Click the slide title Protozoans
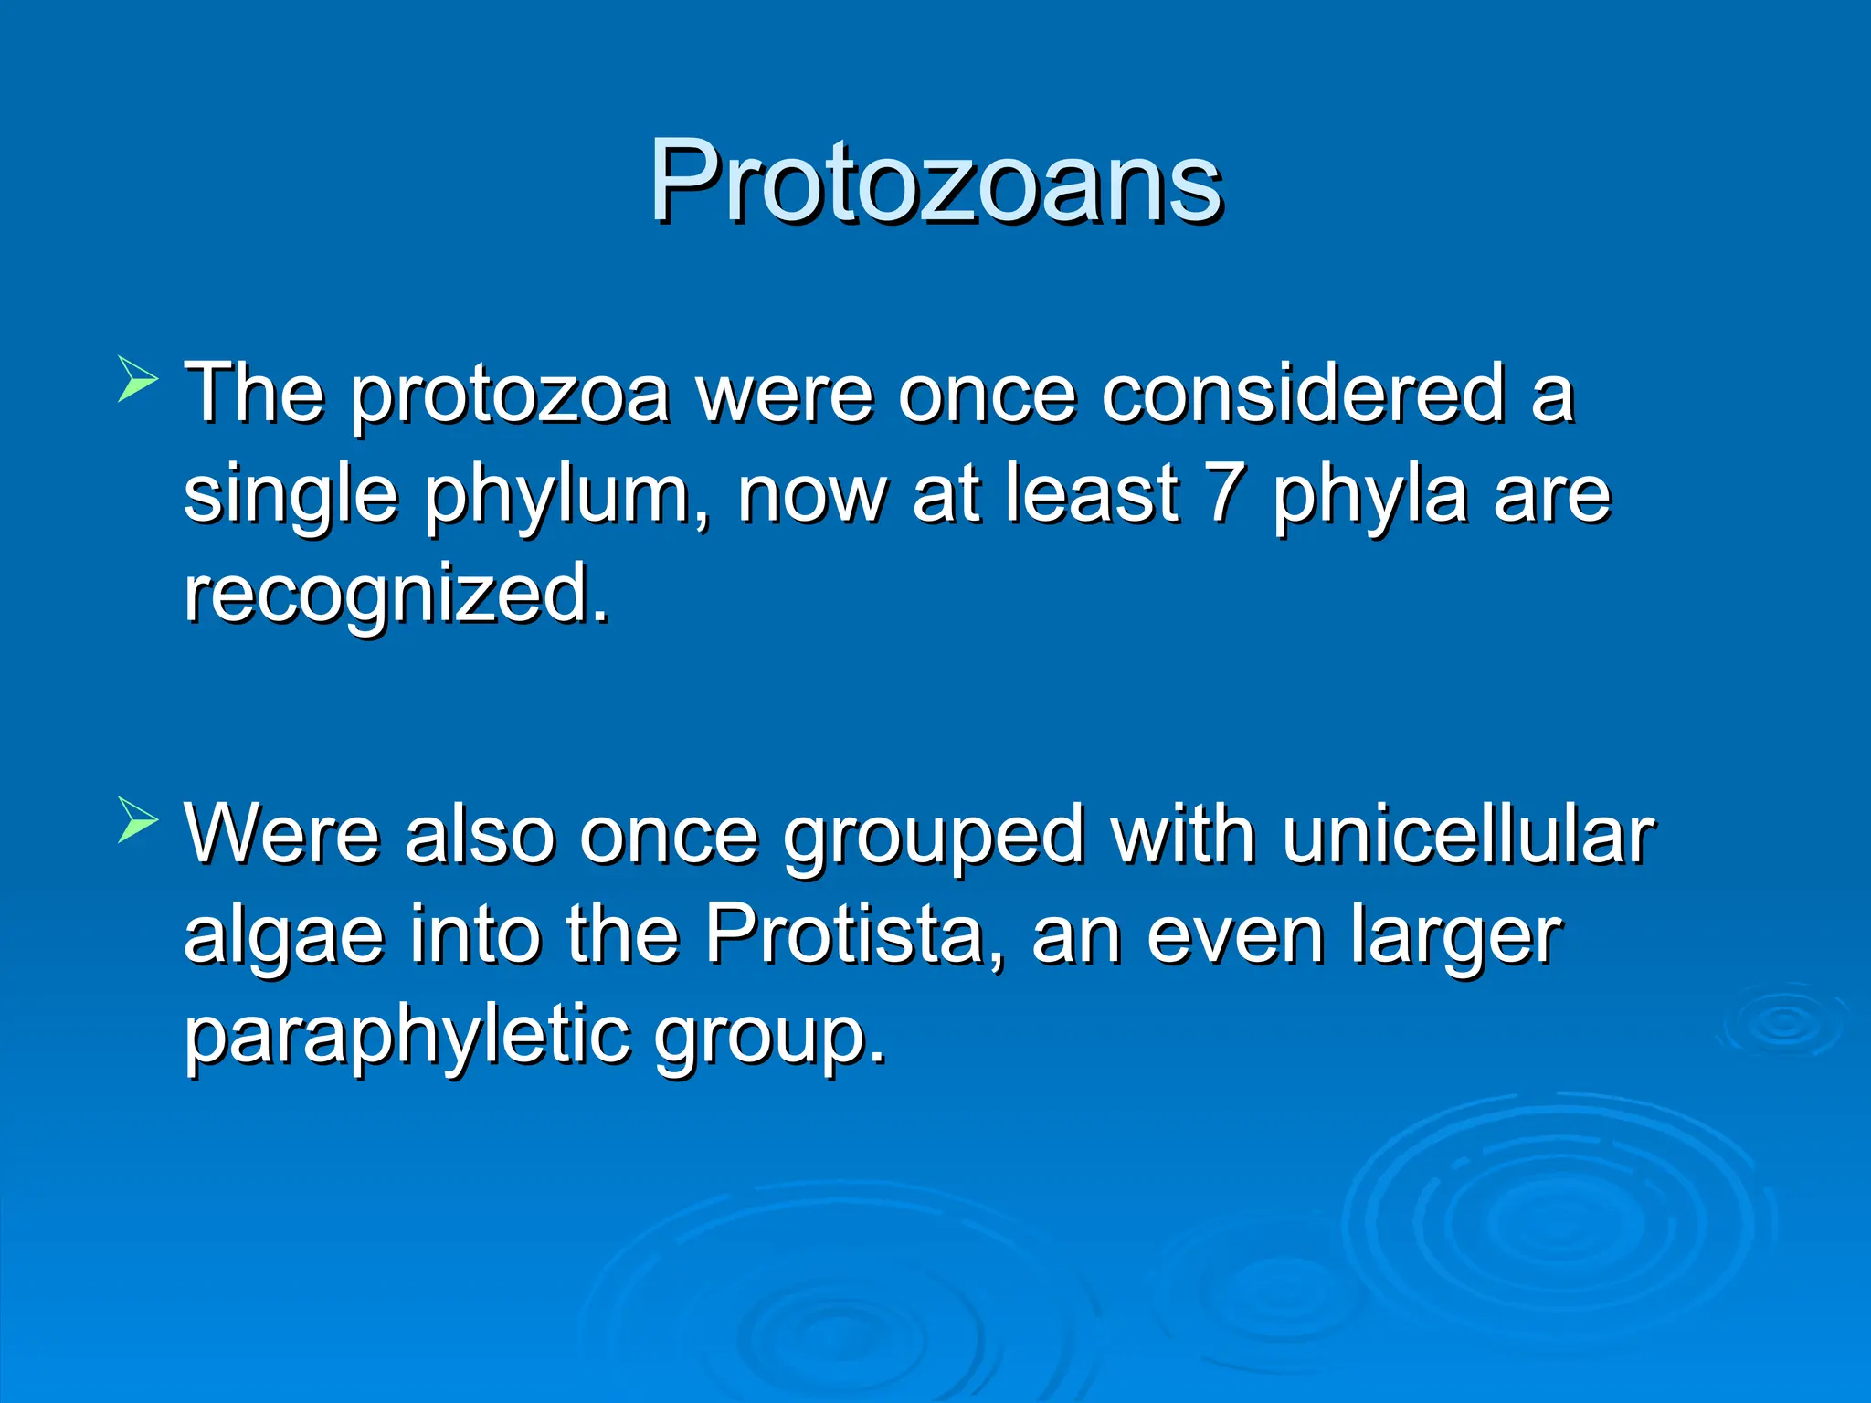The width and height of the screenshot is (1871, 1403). (935, 182)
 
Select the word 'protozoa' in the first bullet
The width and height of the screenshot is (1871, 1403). (510, 396)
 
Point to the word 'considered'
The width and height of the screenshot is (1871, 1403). (1302, 395)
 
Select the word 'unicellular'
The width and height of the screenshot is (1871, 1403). (1468, 835)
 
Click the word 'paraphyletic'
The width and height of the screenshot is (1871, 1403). (407, 1038)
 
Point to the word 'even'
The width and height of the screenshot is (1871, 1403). (1235, 936)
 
